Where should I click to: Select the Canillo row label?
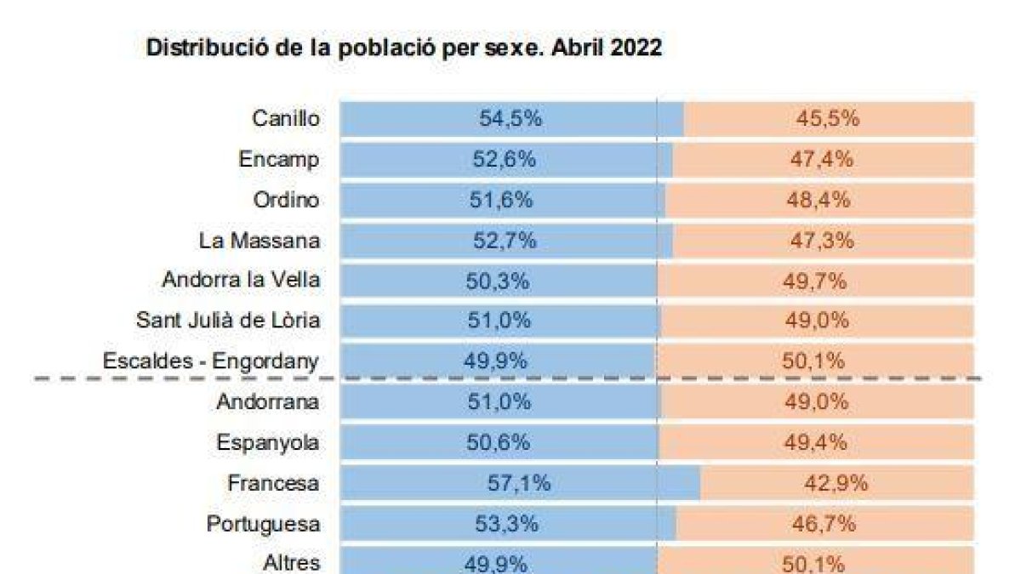(286, 118)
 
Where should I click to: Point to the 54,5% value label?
(510, 118)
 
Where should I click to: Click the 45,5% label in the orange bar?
(828, 118)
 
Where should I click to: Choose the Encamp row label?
(279, 159)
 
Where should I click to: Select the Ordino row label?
(286, 200)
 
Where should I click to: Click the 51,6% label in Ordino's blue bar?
(501, 200)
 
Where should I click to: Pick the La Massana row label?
(260, 241)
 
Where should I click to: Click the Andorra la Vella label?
(241, 280)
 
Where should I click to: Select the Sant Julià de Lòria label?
(228, 321)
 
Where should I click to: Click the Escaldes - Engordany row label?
(211, 361)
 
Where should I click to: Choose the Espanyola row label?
(268, 442)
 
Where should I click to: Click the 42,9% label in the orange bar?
(836, 484)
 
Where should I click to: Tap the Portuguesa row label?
(263, 524)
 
